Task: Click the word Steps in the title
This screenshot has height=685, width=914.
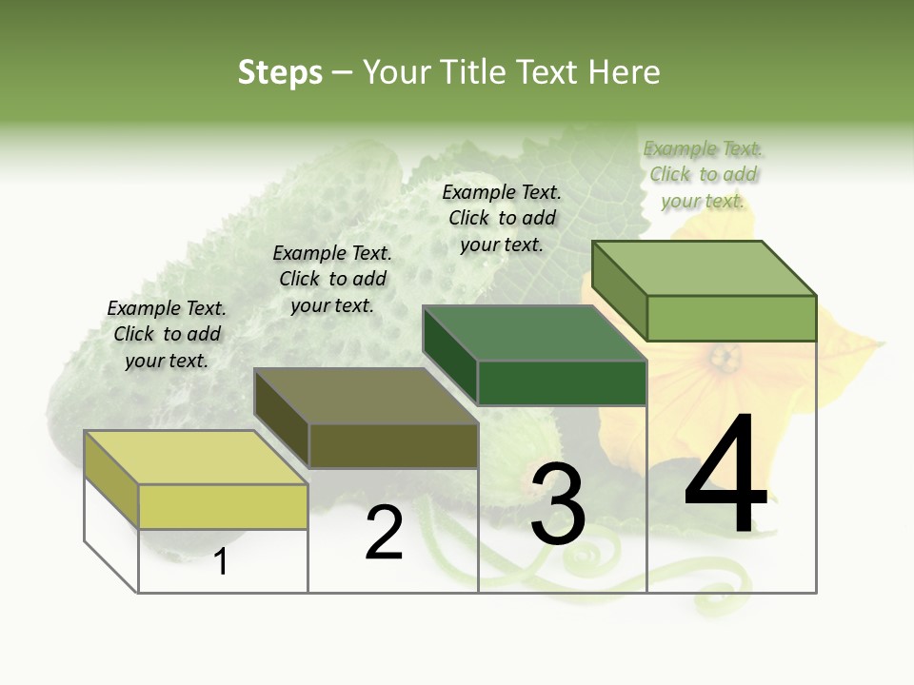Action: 280,72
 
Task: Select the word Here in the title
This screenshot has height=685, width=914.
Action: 625,72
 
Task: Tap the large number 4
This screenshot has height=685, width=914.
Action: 725,476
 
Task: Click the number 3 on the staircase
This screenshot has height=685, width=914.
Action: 558,504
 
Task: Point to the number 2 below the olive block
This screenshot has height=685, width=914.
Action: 384,534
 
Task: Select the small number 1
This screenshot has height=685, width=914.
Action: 221,562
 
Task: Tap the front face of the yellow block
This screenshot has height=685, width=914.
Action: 223,506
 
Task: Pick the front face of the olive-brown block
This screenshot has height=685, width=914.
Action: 393,445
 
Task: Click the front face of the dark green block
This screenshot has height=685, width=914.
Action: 562,382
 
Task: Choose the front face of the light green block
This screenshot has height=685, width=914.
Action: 731,318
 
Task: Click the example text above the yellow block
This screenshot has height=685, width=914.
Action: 167,334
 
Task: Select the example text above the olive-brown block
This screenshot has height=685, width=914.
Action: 332,279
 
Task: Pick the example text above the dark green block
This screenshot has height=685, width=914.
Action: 502,218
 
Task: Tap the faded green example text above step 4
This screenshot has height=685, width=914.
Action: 703,174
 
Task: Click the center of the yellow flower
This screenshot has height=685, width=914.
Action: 725,360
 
